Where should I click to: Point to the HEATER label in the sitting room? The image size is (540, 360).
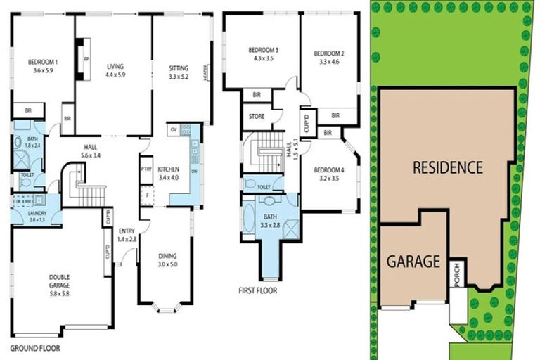click(206, 73)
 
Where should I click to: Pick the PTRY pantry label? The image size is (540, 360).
click(146, 169)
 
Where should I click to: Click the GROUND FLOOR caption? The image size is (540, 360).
click(34, 348)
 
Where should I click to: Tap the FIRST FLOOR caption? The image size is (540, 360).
click(258, 290)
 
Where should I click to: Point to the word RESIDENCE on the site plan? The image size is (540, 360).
click(447, 168)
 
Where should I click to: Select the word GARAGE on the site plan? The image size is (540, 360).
click(413, 262)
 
